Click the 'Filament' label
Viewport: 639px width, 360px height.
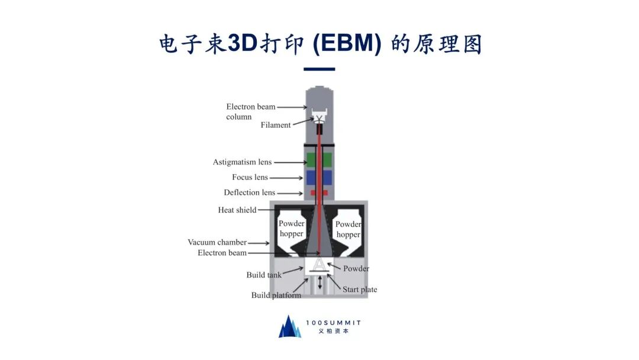pyautogui.click(x=276, y=125)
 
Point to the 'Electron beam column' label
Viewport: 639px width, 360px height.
pyautogui.click(x=250, y=111)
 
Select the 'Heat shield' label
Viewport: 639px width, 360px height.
pyautogui.click(x=237, y=210)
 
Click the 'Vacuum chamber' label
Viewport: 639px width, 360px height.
pyautogui.click(x=217, y=242)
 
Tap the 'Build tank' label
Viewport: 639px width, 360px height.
pyautogui.click(x=264, y=275)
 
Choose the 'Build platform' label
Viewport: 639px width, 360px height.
pyautogui.click(x=276, y=295)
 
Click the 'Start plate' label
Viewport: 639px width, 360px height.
pyautogui.click(x=360, y=290)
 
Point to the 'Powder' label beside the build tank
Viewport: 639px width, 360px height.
pyautogui.click(x=356, y=268)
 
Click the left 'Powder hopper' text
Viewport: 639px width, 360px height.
pyautogui.click(x=292, y=229)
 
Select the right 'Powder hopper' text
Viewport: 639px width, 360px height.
pyautogui.click(x=348, y=229)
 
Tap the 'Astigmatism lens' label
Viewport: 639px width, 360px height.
pyautogui.click(x=243, y=162)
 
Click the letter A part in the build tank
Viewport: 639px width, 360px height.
pyautogui.click(x=319, y=264)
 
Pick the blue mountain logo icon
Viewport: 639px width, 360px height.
pyautogui.click(x=290, y=327)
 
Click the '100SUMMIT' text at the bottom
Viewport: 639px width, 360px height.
pyautogui.click(x=334, y=323)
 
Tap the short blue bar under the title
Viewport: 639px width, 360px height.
pyautogui.click(x=319, y=69)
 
